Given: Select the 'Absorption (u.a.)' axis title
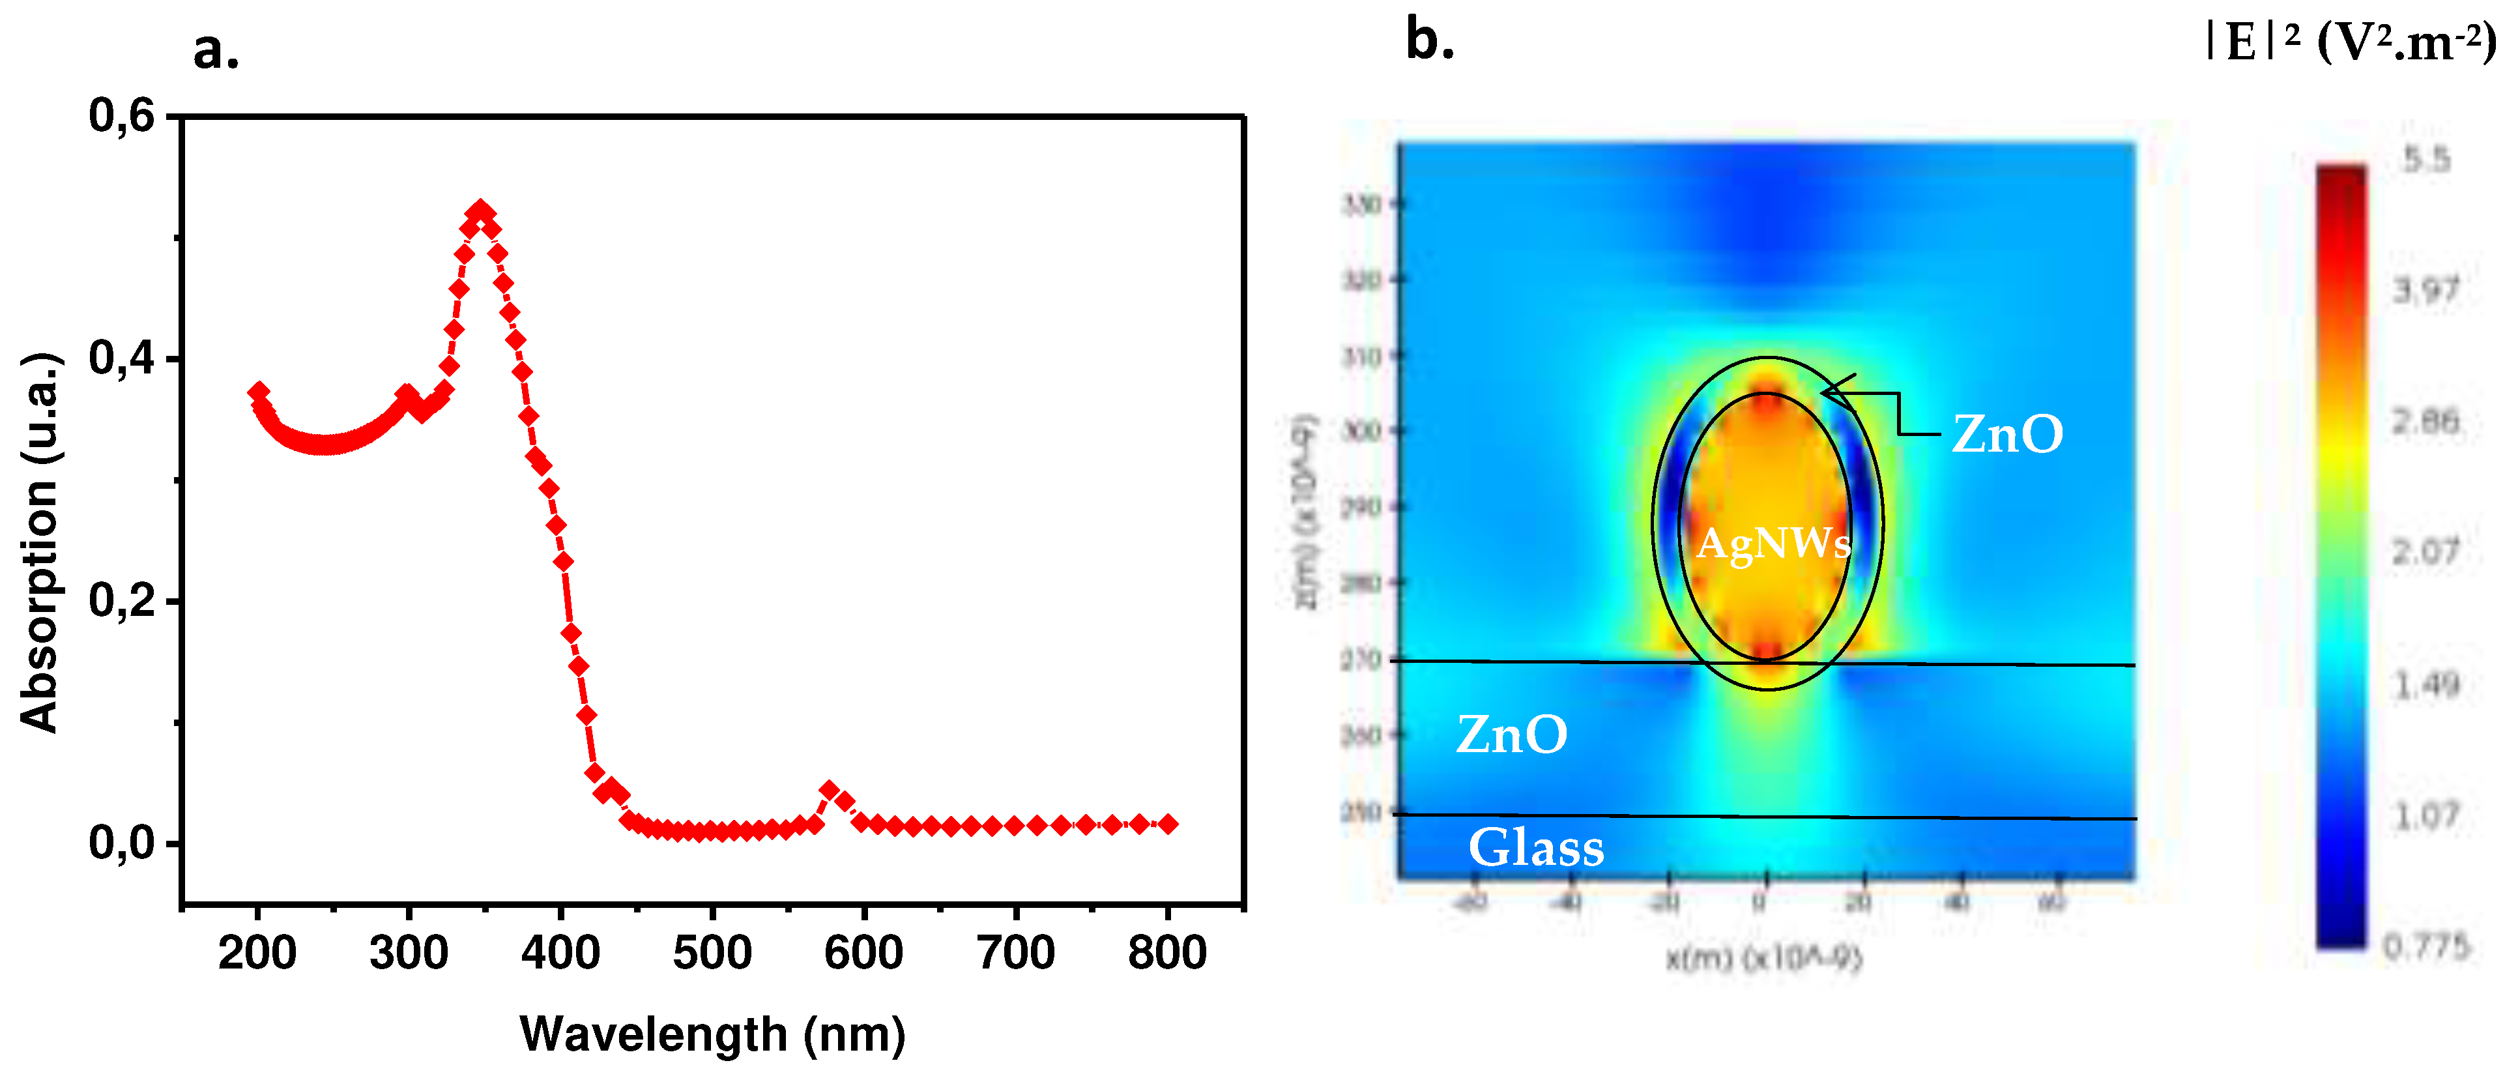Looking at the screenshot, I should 41,543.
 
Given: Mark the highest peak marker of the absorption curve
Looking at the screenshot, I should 480,211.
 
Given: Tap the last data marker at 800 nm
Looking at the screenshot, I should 1167,824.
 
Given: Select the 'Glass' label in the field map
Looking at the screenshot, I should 1536,847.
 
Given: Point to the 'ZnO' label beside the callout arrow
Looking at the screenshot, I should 2007,434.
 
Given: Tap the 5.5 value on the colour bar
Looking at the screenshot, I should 2427,160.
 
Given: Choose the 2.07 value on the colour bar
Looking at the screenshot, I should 2425,553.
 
